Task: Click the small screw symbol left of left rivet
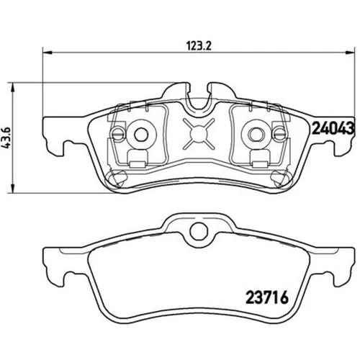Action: pos(117,132)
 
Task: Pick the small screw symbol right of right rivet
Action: pos(276,132)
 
